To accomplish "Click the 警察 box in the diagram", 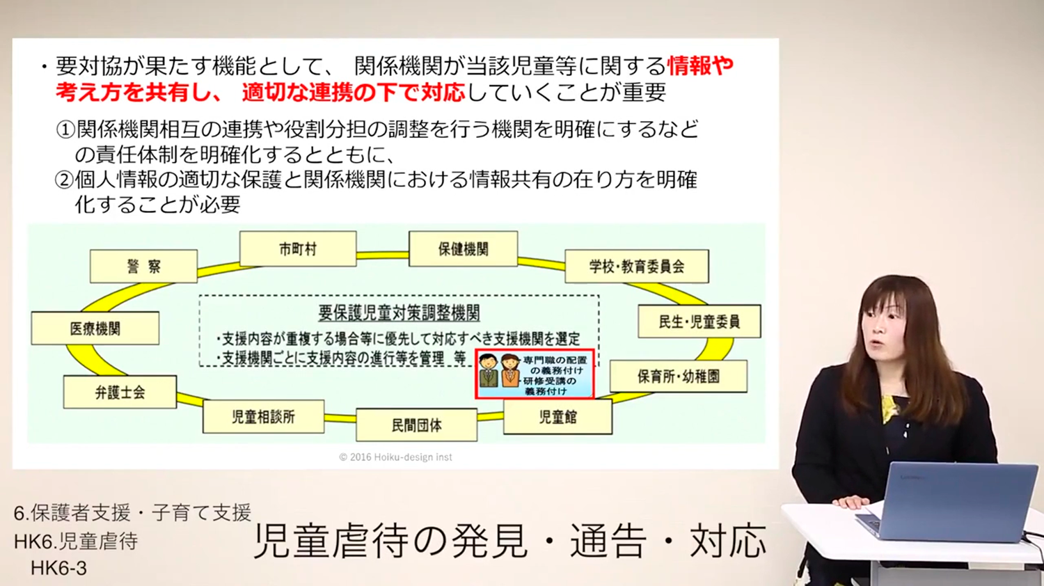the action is tap(143, 266).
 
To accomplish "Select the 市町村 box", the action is tap(298, 249).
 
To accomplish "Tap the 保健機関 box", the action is tap(464, 249).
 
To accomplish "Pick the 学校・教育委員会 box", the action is tap(637, 266).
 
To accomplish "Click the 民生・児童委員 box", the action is tap(699, 322).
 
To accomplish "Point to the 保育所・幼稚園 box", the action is tap(679, 377).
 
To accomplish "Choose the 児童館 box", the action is tap(558, 417).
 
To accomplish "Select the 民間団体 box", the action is tap(417, 425).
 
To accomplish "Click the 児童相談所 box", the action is tap(263, 416).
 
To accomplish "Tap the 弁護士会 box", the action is tap(120, 392).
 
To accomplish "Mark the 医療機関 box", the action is tap(95, 328).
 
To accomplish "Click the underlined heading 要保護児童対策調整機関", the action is tap(399, 313).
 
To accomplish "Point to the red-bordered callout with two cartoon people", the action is tap(535, 374).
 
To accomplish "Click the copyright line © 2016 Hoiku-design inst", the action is tap(395, 457).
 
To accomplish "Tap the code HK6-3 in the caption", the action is tap(58, 569).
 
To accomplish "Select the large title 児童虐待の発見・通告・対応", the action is tap(510, 541).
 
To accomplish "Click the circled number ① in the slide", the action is tap(65, 129).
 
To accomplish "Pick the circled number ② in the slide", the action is tap(65, 180).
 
